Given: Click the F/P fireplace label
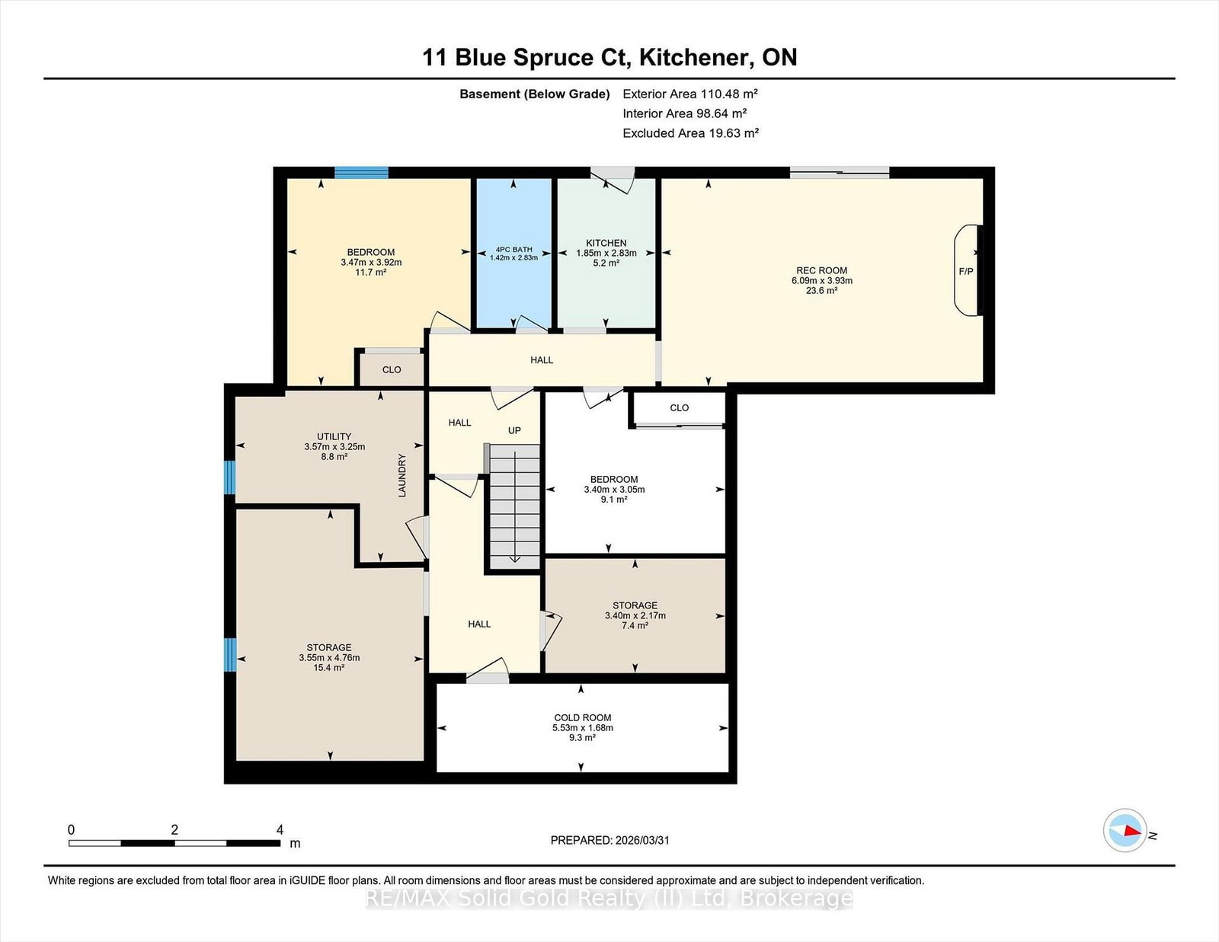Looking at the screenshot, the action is (965, 271).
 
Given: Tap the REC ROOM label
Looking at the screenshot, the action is (821, 270).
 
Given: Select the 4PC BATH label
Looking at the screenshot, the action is (514, 250).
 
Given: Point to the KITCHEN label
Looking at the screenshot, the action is (606, 243).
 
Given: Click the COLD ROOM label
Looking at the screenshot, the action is (582, 717).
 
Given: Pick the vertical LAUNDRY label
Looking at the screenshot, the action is (402, 475).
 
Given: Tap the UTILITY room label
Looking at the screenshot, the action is (334, 436).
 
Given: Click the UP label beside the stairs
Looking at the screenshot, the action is (514, 430).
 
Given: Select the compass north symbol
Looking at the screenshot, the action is (1125, 830).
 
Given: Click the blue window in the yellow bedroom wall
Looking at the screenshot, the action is (361, 172).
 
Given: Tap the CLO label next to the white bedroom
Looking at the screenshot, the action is (679, 407).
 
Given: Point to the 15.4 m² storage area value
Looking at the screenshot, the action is (328, 668).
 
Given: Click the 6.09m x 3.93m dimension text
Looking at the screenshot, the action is (822, 280).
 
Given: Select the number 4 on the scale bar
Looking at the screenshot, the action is (280, 830).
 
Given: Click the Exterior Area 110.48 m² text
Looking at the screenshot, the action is (690, 94).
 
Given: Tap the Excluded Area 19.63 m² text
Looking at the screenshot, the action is (690, 133).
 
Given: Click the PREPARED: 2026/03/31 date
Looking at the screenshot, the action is (609, 840).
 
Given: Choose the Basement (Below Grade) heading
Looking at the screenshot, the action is (535, 94).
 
